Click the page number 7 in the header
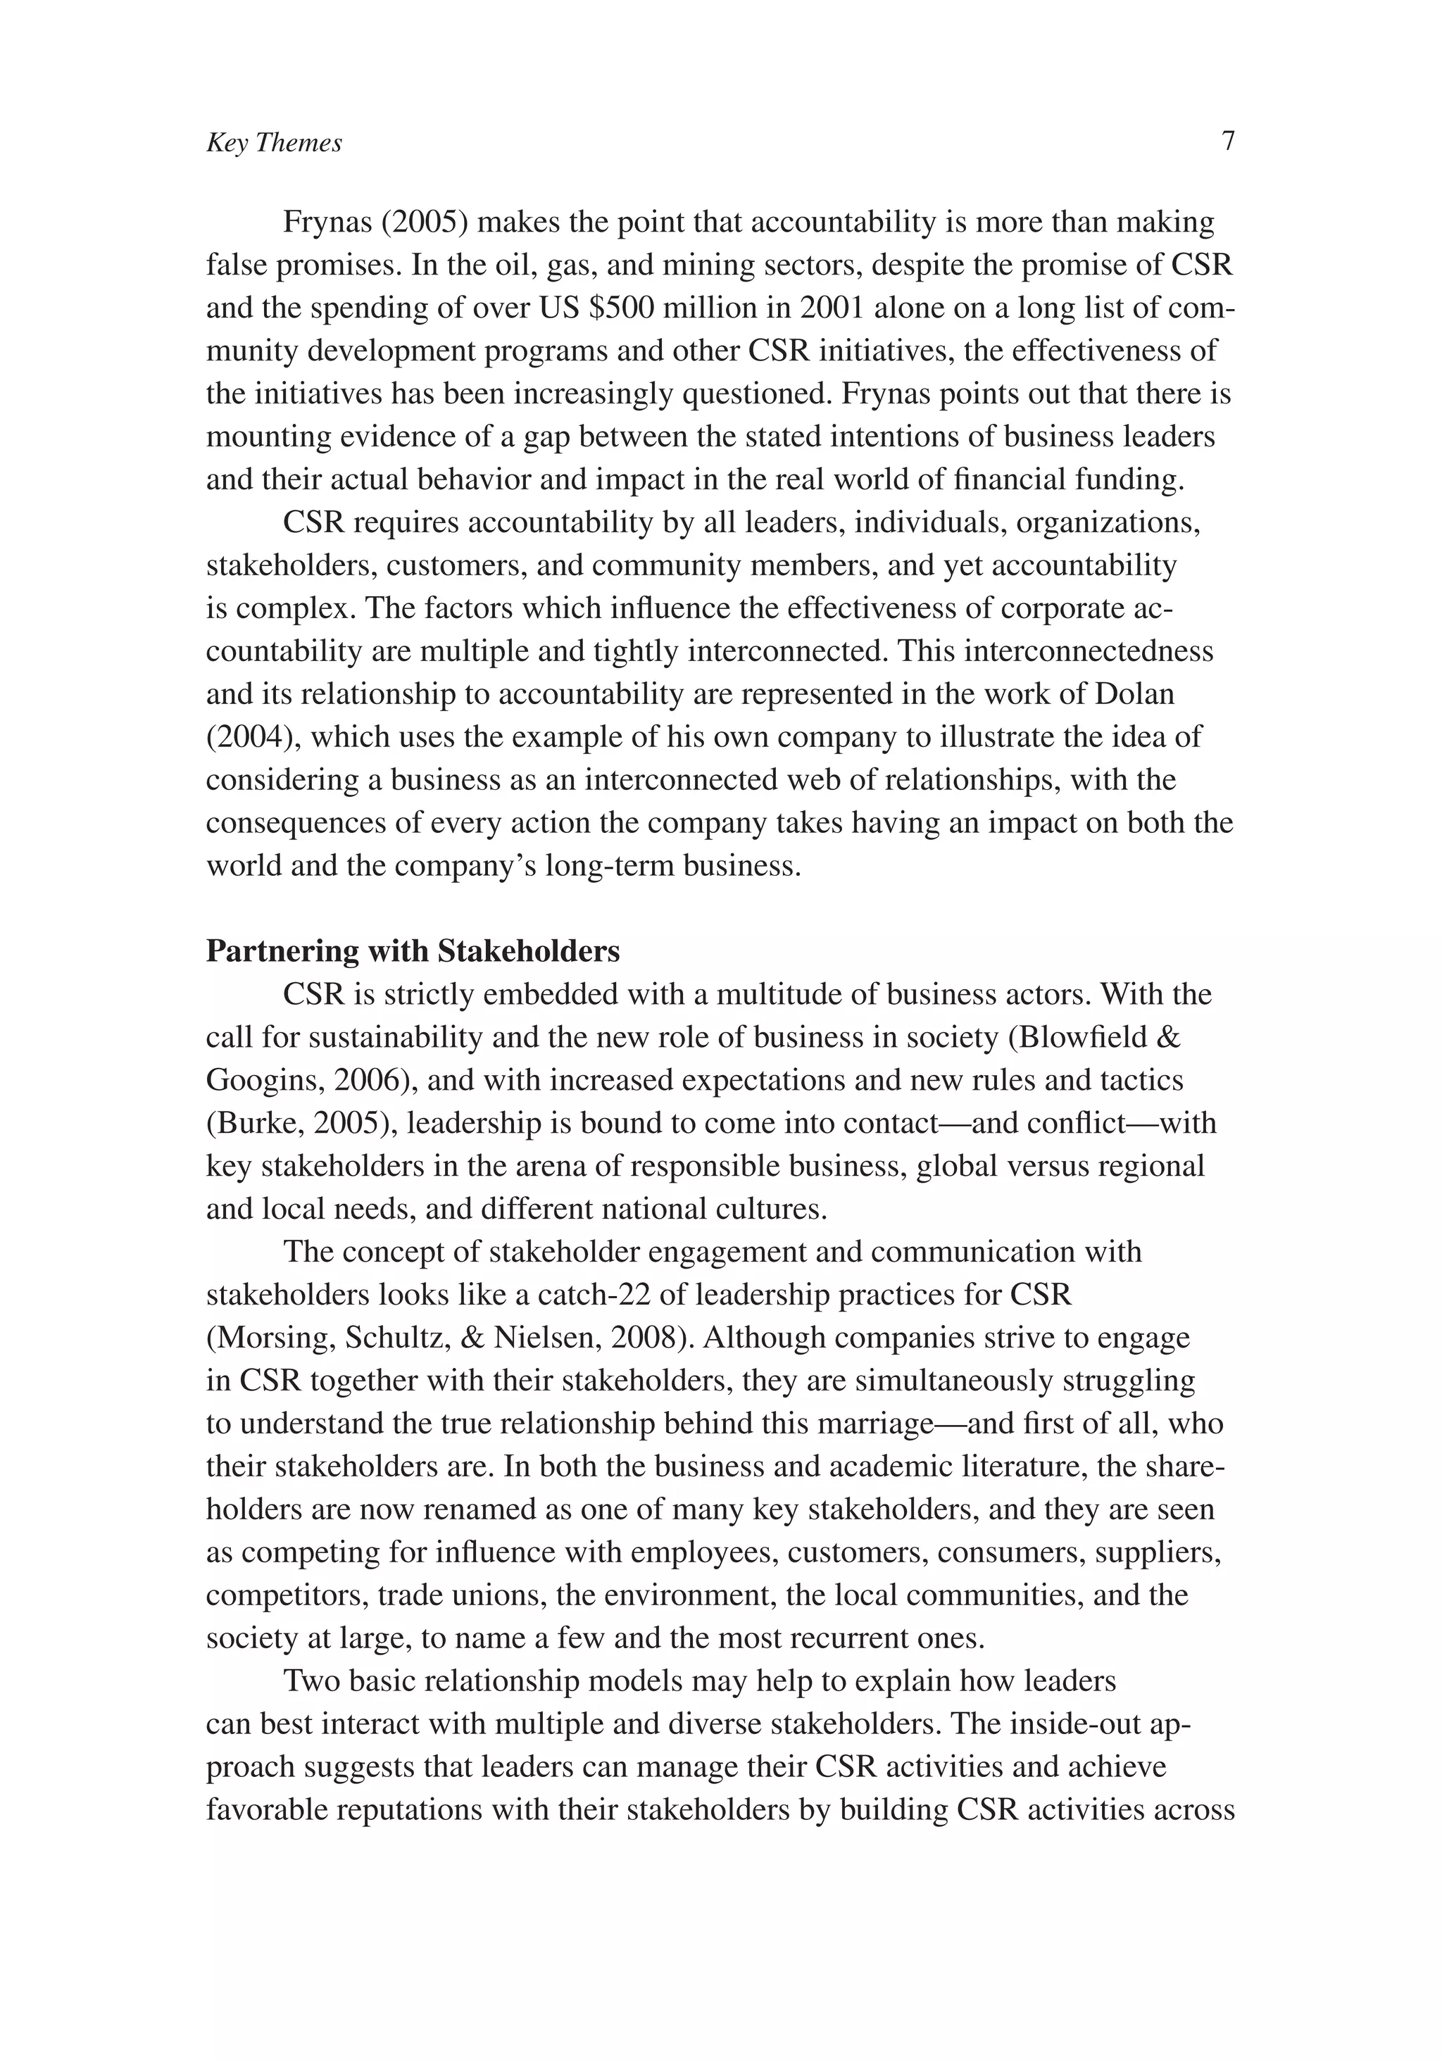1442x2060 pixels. pyautogui.click(x=1229, y=141)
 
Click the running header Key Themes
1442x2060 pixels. pyautogui.click(x=274, y=144)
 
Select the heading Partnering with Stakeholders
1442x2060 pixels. pyautogui.click(x=413, y=951)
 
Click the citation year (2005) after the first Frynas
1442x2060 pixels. pyautogui.click(x=425, y=222)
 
